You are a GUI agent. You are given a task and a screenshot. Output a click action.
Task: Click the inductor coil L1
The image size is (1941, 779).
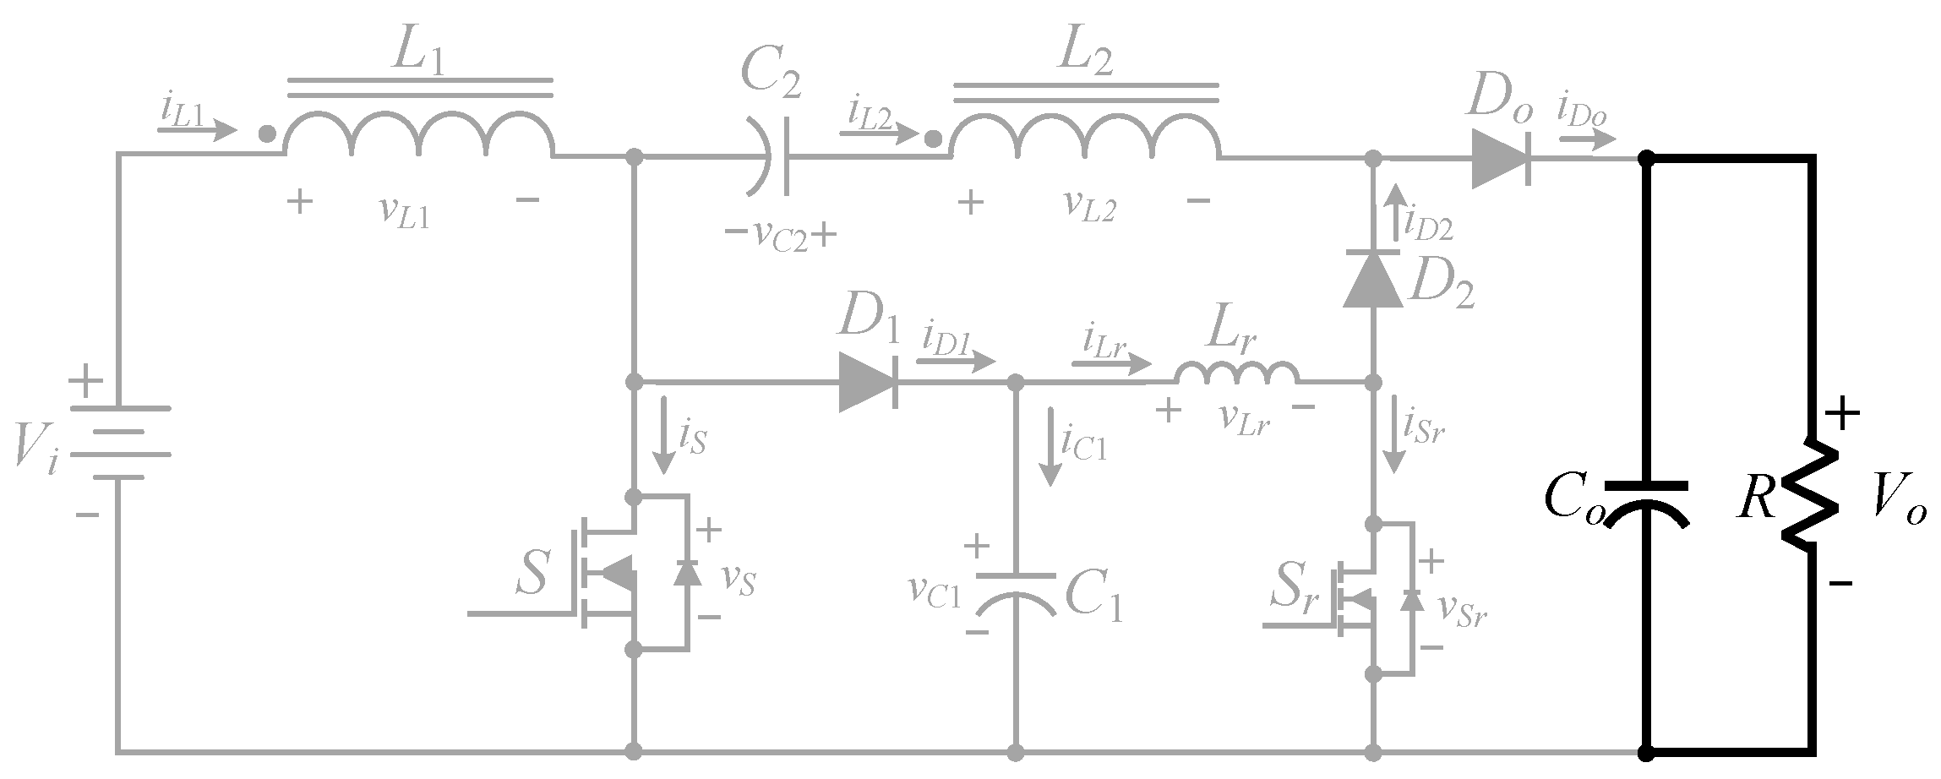click(x=418, y=135)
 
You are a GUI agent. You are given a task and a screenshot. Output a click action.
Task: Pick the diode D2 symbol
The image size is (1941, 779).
click(x=1373, y=280)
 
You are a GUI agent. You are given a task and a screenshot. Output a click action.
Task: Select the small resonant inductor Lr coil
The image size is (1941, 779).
click(x=1237, y=373)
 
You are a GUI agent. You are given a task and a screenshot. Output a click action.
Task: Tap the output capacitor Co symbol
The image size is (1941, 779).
click(x=1645, y=505)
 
